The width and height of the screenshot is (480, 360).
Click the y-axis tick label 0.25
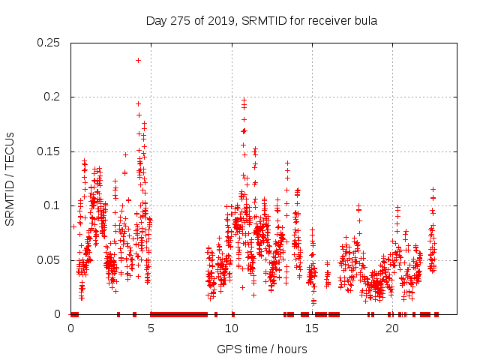[x=50, y=43]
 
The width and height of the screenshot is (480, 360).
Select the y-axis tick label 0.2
[x=54, y=97]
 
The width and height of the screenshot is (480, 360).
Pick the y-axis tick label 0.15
[x=50, y=151]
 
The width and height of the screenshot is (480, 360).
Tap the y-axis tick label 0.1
[x=54, y=205]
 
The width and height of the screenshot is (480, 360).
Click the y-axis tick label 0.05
[x=50, y=260]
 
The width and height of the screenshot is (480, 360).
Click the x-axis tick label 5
[x=151, y=328]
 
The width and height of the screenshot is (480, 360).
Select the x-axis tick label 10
[x=231, y=328]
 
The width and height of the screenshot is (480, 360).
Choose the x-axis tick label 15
[x=311, y=328]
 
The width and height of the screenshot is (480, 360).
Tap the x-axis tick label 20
[x=391, y=328]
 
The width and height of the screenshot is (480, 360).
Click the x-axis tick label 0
[x=71, y=328]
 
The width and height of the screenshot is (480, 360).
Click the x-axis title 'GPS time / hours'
[x=262, y=349]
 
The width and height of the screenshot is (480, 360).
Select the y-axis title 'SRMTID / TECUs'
[x=11, y=178]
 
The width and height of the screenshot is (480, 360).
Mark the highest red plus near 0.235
[x=138, y=60]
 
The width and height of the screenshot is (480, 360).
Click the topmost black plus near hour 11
[x=244, y=98]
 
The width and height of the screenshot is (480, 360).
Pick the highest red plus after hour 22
[x=433, y=189]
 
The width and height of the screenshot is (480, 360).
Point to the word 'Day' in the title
[x=156, y=20]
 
